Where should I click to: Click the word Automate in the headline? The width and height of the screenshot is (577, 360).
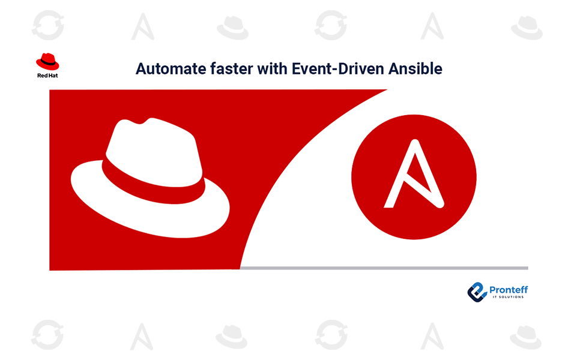(171, 69)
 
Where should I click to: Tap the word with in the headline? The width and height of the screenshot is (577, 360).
(273, 69)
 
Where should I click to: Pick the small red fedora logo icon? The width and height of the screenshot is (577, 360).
(47, 61)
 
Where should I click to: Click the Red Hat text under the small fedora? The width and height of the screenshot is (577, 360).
(47, 76)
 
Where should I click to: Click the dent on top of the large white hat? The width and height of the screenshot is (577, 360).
(140, 122)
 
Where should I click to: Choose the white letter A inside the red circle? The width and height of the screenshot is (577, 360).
(414, 175)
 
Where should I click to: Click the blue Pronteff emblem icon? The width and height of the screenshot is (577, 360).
(477, 292)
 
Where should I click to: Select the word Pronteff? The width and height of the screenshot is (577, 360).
(509, 290)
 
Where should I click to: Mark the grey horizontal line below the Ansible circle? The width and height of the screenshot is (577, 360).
(384, 268)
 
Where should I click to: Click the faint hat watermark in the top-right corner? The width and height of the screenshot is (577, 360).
(527, 28)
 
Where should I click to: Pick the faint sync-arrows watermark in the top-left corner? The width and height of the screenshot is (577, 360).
(48, 25)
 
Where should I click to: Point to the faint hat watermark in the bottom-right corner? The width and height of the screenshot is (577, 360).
(526, 337)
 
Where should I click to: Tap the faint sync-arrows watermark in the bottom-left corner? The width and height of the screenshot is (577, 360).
(47, 335)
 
